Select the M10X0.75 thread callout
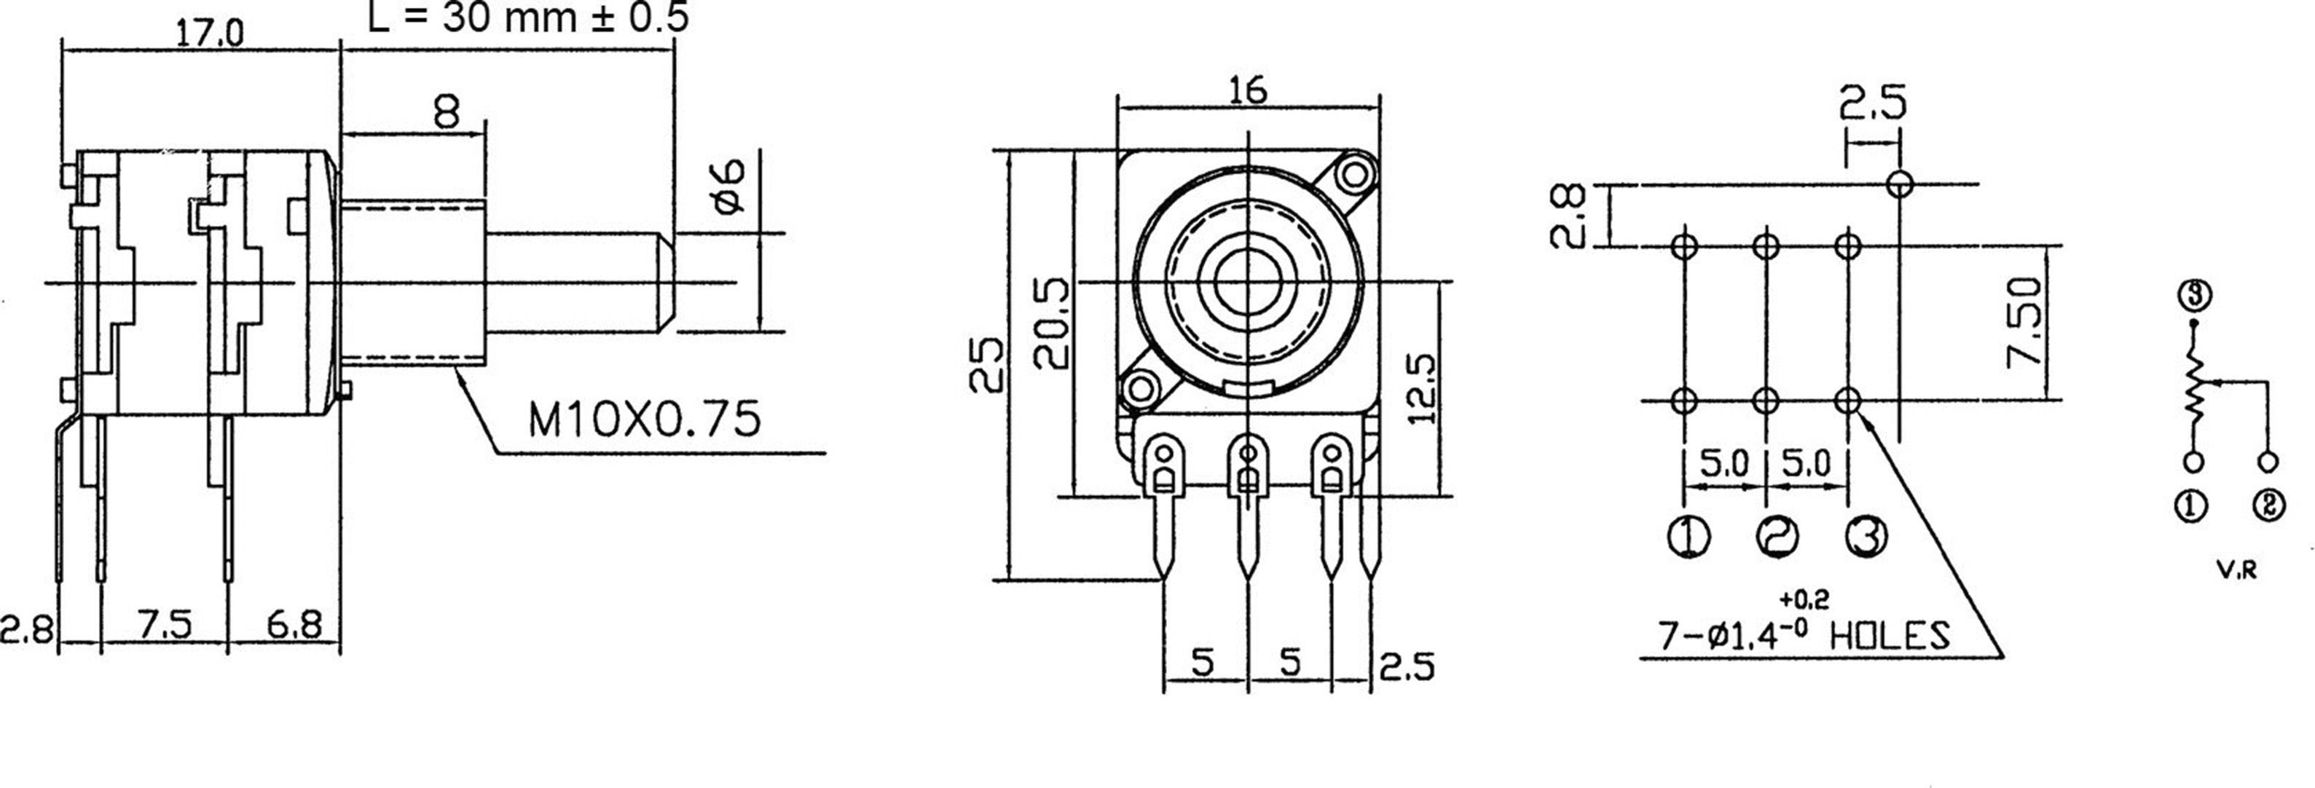pyautogui.click(x=643, y=419)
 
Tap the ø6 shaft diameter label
pyautogui.click(x=730, y=185)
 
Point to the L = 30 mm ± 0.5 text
pyautogui.click(x=528, y=17)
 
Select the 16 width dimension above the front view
pyautogui.click(x=1249, y=90)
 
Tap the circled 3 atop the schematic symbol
pyautogui.click(x=2193, y=295)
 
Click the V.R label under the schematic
pyautogui.click(x=2236, y=570)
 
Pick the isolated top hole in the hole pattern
pyautogui.click(x=1900, y=184)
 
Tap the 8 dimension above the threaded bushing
pyautogui.click(x=446, y=112)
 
